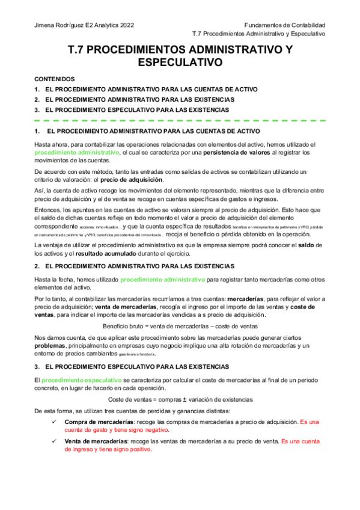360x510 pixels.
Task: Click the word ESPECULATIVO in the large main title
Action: pos(180,62)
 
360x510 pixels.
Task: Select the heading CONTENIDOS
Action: pos(55,79)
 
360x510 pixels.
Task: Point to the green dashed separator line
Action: pos(180,120)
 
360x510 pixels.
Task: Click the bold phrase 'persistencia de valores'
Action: pos(217,153)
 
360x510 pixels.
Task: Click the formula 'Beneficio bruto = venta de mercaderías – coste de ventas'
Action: pos(180,325)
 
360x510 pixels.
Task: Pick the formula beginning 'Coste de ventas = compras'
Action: pos(180,399)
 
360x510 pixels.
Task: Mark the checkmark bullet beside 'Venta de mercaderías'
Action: pos(55,441)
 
